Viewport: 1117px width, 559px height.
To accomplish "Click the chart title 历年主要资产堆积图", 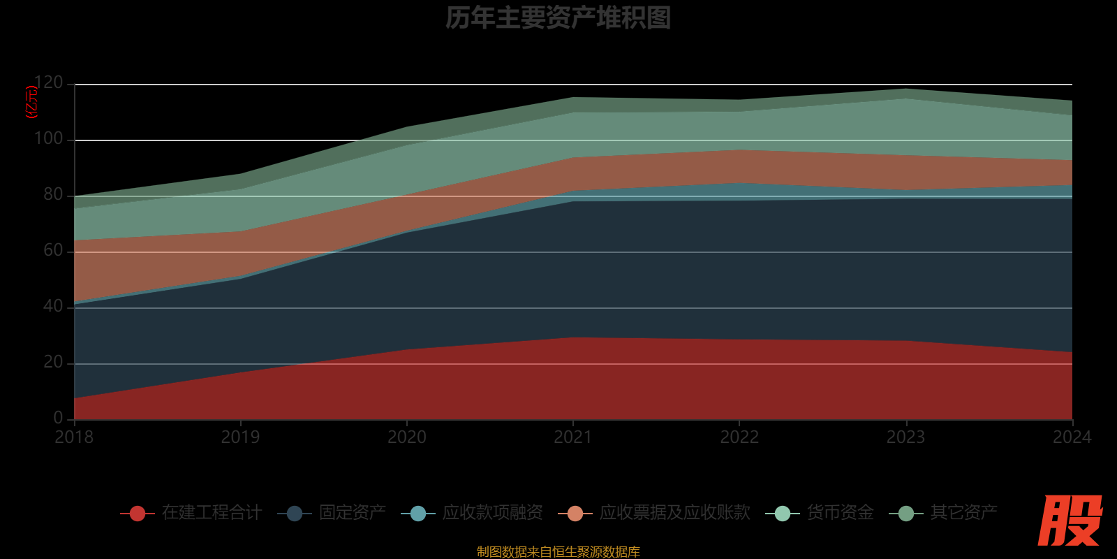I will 558,18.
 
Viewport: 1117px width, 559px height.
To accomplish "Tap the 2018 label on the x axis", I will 74,437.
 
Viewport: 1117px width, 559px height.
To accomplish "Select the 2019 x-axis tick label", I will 240,437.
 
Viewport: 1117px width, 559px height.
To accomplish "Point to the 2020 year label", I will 407,437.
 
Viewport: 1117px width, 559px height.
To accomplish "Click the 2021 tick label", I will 573,437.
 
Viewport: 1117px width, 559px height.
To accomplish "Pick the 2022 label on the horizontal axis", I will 739,437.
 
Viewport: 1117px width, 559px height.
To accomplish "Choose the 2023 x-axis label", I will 905,437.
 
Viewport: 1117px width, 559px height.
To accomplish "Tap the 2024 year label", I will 1072,437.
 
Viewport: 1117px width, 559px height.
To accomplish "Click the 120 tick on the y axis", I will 48,83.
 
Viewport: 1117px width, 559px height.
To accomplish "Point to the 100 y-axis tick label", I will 48,139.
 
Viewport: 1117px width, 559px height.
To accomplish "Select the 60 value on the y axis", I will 53,251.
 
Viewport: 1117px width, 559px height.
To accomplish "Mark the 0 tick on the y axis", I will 58,418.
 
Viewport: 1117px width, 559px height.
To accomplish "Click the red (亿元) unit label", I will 31,102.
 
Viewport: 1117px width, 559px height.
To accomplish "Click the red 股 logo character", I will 1070,521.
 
